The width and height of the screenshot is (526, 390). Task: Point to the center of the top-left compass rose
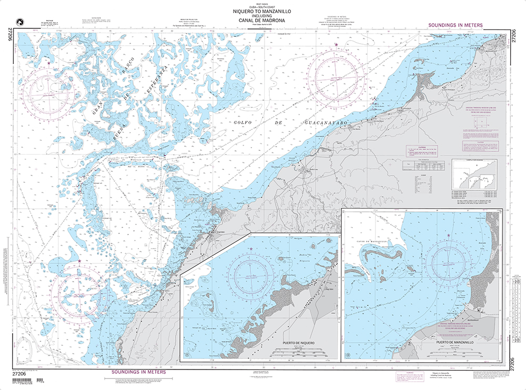[x=52, y=92]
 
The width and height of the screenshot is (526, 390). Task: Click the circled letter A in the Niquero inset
[x=187, y=355]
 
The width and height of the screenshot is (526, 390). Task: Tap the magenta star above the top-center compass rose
[x=337, y=45]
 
